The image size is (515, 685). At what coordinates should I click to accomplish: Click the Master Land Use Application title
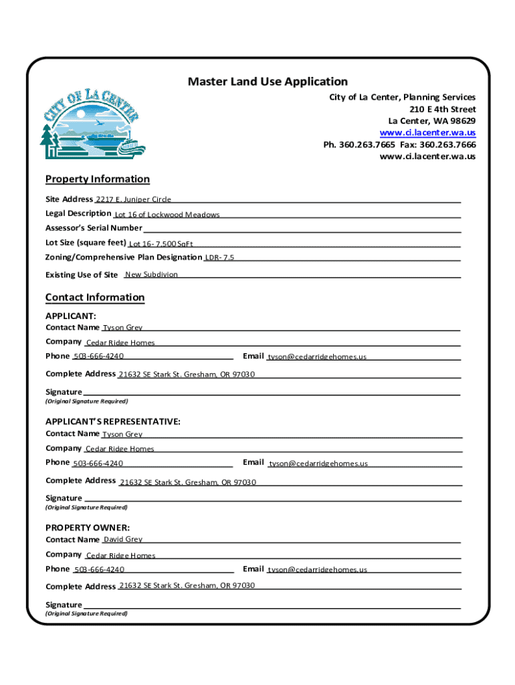point(268,82)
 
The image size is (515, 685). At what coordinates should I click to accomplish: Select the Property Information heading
point(98,179)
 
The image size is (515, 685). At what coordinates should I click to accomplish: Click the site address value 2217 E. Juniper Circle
point(133,199)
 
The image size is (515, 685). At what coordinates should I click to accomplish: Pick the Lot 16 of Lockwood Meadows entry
point(167,215)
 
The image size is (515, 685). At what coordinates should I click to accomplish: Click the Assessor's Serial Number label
point(94,228)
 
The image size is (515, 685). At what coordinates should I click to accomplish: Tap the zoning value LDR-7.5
point(219,258)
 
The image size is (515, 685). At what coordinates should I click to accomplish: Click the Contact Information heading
point(95,297)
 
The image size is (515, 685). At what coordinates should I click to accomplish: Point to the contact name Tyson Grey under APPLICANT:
point(122,328)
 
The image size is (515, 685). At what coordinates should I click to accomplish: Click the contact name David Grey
point(122,539)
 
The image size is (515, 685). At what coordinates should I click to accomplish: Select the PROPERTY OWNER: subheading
point(88,527)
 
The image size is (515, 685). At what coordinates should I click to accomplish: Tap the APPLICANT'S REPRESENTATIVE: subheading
point(113,421)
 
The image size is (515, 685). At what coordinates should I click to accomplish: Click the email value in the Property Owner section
point(317,570)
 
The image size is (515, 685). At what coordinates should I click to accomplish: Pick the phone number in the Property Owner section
point(99,570)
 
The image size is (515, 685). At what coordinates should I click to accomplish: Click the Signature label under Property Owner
point(64,605)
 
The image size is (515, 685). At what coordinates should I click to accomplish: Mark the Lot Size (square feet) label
point(86,243)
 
